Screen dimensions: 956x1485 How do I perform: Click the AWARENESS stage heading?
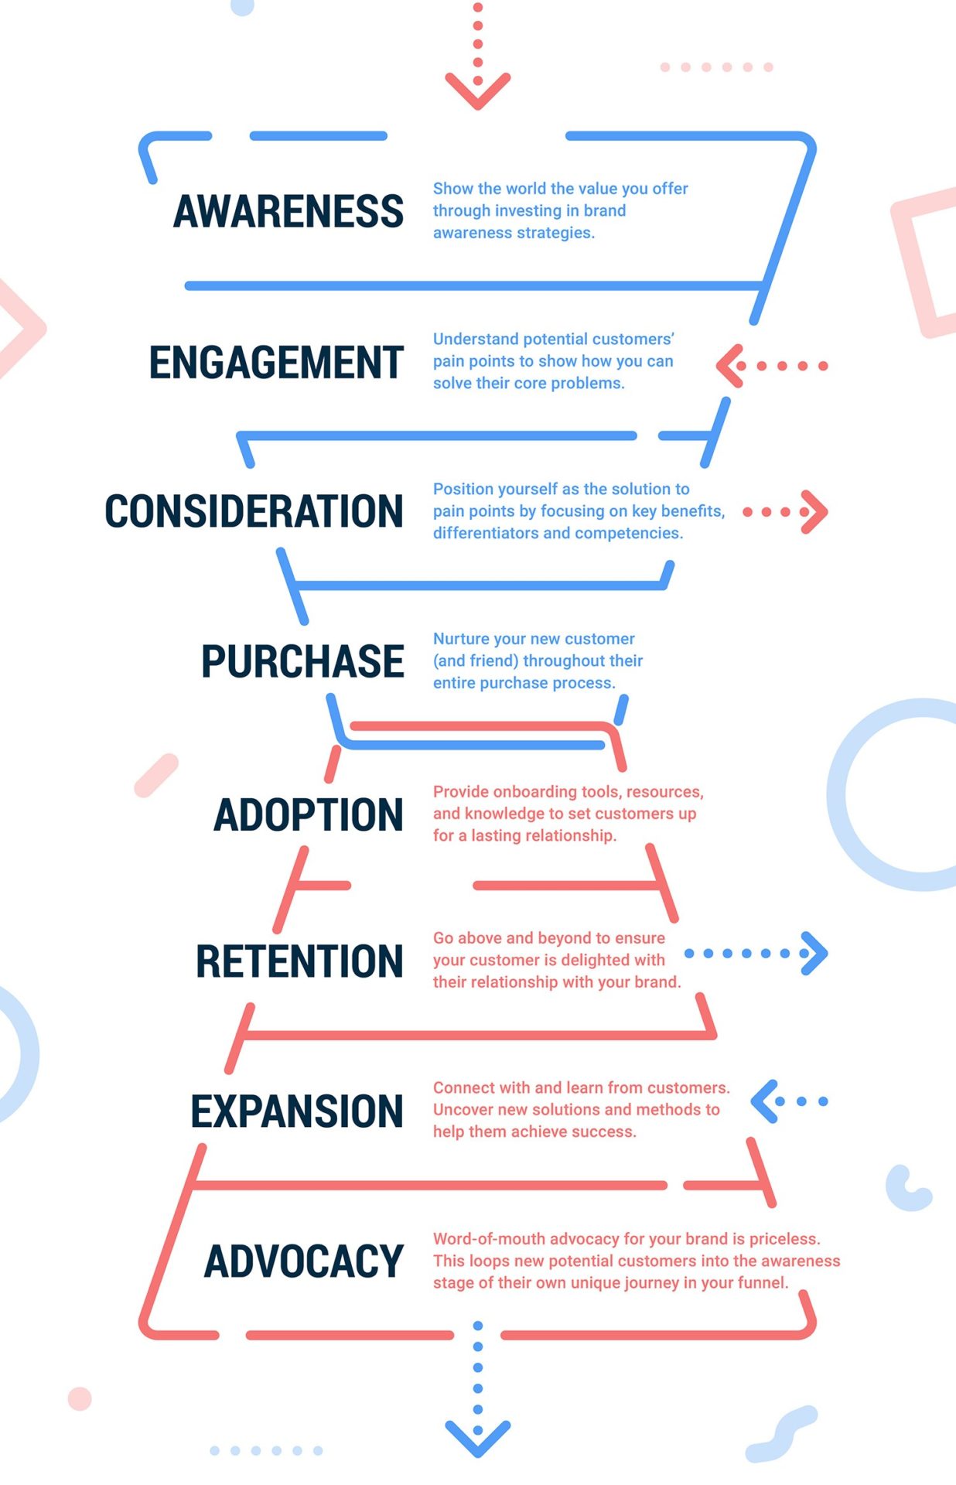pos(289,211)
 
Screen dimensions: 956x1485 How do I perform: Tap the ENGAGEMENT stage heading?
pos(276,362)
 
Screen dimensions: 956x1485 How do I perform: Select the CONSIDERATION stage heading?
pos(254,511)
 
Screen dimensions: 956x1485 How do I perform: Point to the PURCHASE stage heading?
pos(302,661)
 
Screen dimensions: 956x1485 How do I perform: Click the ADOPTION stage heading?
pos(309,814)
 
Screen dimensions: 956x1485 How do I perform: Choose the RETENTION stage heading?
pos(299,961)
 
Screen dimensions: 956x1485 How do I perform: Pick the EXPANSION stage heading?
pos(297,1111)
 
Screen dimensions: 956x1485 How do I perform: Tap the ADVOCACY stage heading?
pos(303,1261)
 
